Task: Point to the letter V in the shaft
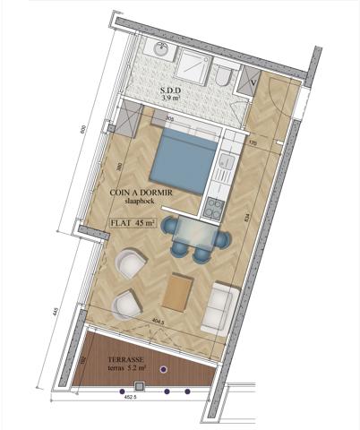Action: pyautogui.click(x=255, y=84)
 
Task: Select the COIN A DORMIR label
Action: pyautogui.click(x=141, y=193)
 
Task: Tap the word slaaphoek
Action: pyautogui.click(x=141, y=203)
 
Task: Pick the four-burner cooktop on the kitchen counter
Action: pyautogui.click(x=215, y=208)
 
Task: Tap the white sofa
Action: pyautogui.click(x=220, y=308)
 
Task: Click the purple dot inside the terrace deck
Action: pyautogui.click(x=163, y=368)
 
